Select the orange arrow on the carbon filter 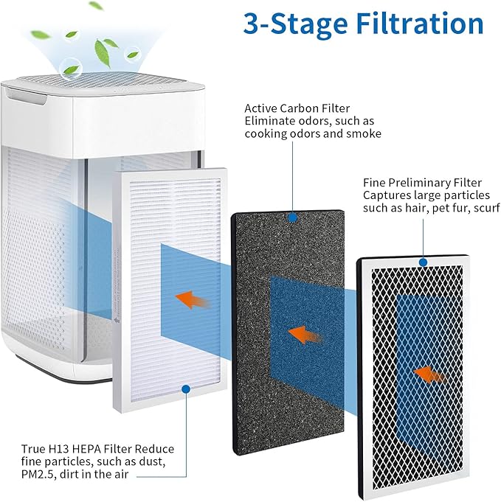coord(305,334)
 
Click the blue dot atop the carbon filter coord(292,217)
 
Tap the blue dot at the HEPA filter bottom coord(186,388)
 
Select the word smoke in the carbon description coord(364,133)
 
